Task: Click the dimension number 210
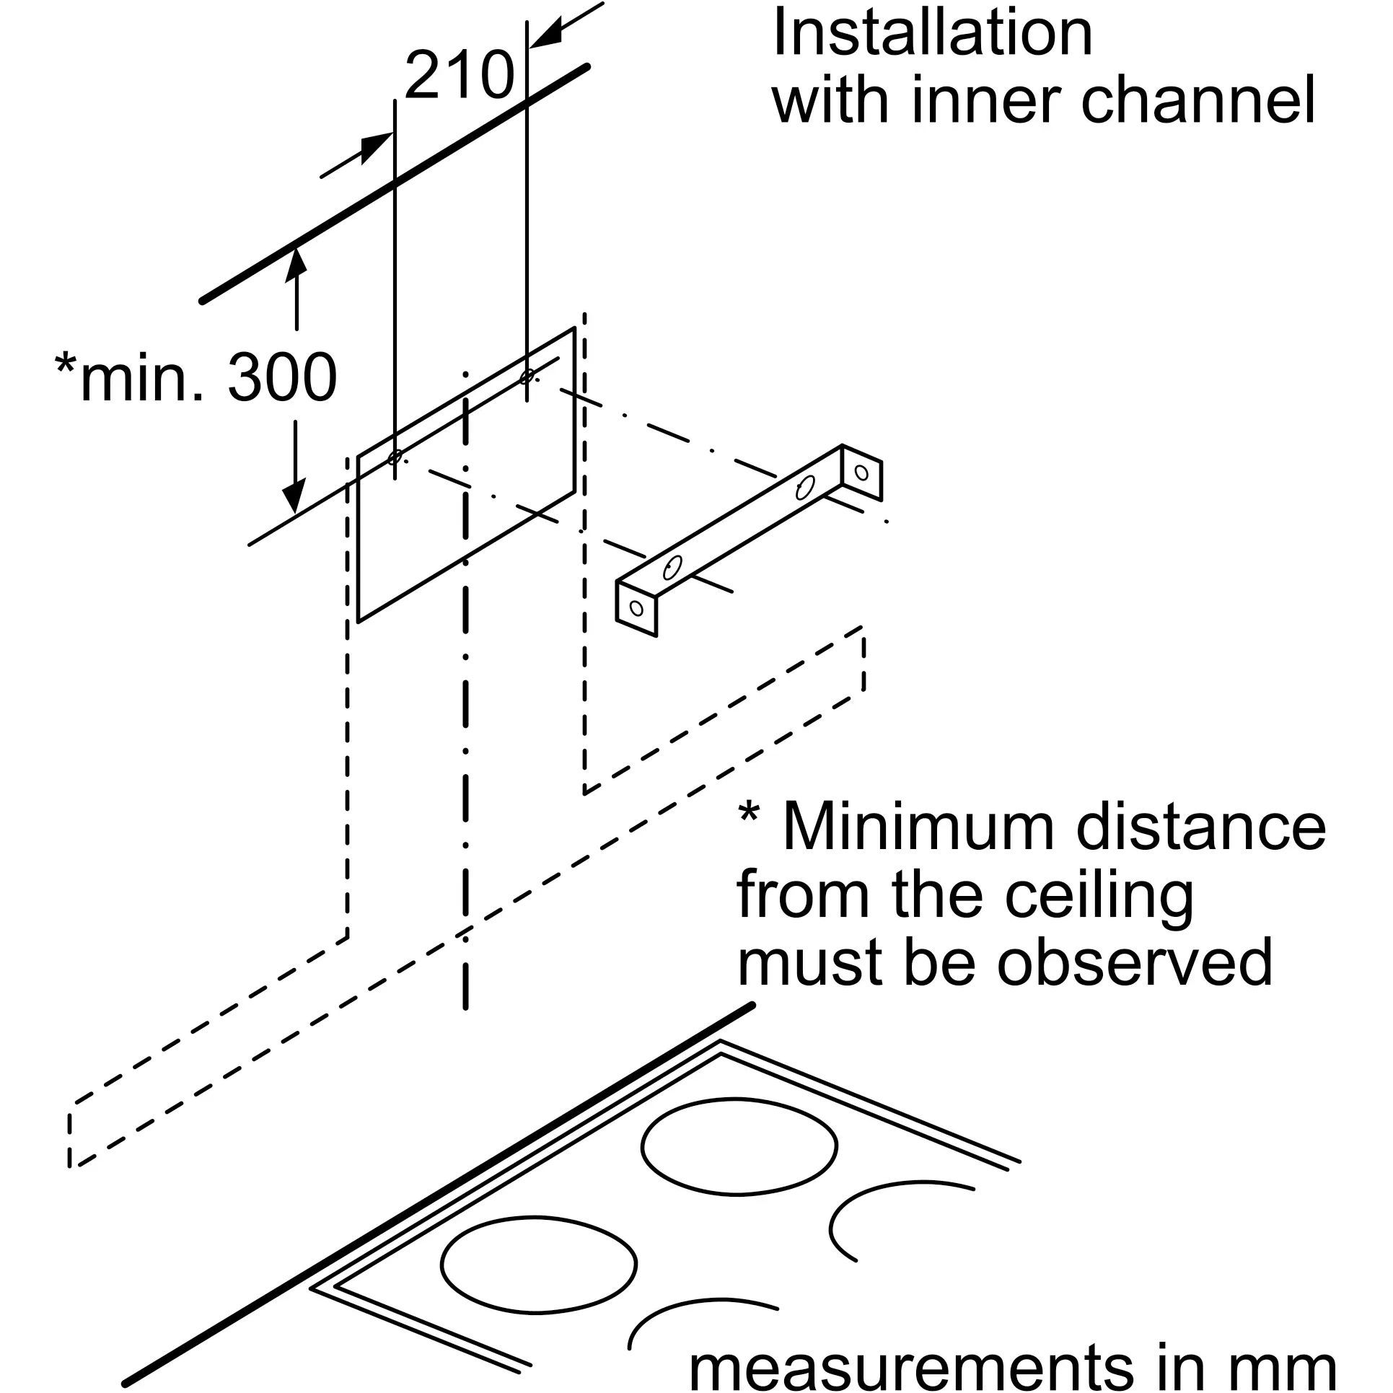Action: [x=459, y=76]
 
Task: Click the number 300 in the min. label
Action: [x=282, y=378]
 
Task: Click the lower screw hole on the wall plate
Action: [x=395, y=457]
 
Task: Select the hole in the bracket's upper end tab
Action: [x=861, y=473]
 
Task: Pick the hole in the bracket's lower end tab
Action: [x=636, y=607]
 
